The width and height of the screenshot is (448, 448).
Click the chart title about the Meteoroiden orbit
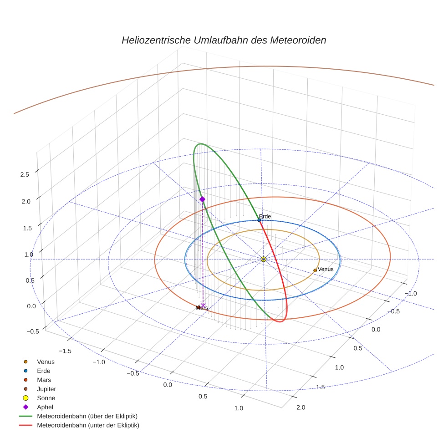coord(224,40)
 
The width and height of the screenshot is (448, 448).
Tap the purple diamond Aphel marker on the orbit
coord(202,199)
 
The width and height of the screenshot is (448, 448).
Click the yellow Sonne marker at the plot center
coord(264,259)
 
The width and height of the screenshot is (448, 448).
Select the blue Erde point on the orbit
coord(259,220)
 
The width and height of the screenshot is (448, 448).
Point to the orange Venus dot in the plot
coord(315,270)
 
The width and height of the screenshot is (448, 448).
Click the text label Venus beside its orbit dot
coord(326,269)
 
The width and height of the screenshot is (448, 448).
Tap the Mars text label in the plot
coord(202,308)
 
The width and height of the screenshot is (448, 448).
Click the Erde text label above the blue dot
coord(265,216)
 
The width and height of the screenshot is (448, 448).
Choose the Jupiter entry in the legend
coord(46,389)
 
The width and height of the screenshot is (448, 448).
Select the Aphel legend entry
coord(45,407)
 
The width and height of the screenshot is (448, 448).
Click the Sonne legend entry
coord(46,398)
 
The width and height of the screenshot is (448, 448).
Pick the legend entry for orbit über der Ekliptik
coord(87,416)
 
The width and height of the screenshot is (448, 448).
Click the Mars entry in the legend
coord(44,380)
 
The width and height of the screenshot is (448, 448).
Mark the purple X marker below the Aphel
coord(203,305)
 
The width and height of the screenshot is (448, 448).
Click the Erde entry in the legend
coord(44,371)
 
